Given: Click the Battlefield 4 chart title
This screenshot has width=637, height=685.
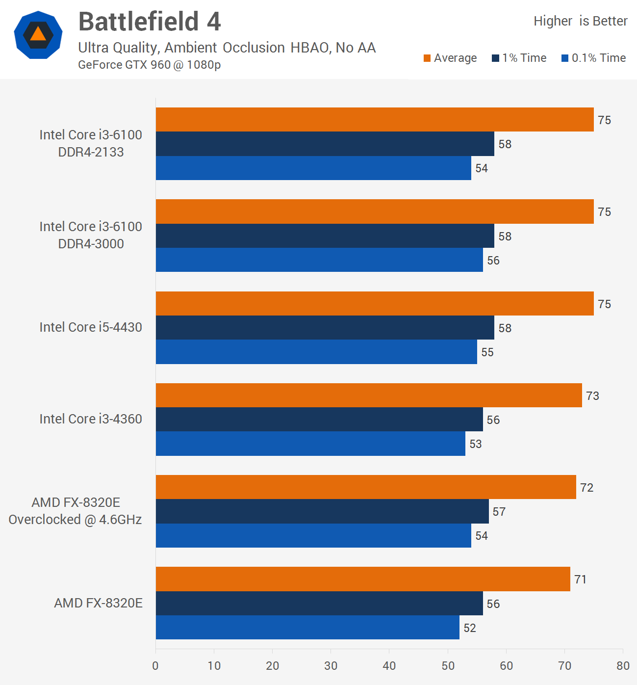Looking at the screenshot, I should pos(150,22).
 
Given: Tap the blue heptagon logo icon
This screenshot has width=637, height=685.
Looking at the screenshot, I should pos(38,35).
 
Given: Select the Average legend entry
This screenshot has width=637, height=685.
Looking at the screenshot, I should pos(450,58).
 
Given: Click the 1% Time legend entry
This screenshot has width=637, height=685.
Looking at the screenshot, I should pos(519,58).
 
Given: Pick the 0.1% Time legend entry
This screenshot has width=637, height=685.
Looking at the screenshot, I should pos(594,58).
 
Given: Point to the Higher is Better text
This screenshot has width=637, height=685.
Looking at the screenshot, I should pos(580,21).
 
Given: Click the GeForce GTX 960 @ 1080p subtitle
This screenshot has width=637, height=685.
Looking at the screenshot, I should pos(149,65).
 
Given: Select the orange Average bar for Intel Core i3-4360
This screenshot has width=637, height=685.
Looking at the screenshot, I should pos(369,395).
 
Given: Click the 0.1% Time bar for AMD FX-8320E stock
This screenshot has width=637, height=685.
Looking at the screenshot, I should pos(307,628).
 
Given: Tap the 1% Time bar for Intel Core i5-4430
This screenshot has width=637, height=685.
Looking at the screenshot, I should pos(325,328).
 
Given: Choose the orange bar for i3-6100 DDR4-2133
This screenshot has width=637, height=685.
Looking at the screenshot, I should pos(375,120).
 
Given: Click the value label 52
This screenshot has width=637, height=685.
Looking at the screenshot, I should pos(470,628).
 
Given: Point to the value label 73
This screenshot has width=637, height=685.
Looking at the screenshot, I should pos(592,396).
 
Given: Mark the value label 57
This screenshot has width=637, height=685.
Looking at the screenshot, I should pos(499,512).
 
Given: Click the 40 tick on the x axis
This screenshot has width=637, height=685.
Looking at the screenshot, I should pos(389,666).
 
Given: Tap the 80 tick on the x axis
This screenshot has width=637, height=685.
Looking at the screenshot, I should pos(623,666).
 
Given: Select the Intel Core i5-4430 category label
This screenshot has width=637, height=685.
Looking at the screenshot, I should pos(91,327).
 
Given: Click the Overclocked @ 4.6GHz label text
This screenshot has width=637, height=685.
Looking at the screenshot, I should pos(75,520).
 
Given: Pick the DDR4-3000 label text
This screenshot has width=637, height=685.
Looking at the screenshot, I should pos(91,244).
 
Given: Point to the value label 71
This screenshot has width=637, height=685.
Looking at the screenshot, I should pos(581,580).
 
